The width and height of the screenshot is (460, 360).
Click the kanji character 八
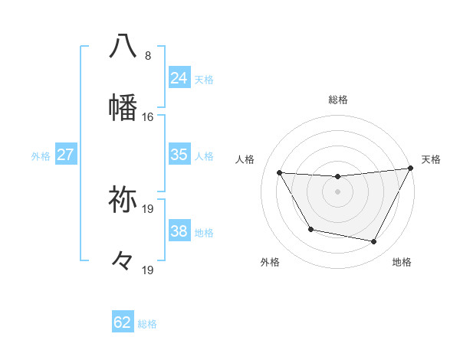click(x=123, y=46)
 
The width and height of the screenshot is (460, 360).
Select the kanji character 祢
click(x=123, y=200)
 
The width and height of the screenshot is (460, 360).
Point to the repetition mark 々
click(x=123, y=260)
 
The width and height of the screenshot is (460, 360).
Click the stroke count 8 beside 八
click(x=148, y=56)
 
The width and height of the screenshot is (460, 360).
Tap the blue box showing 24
click(x=179, y=78)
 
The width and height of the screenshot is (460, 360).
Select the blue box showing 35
click(x=179, y=155)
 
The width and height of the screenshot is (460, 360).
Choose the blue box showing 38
click(x=179, y=231)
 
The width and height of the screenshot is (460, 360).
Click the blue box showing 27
click(x=66, y=155)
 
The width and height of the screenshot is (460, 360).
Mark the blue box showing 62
click(x=123, y=322)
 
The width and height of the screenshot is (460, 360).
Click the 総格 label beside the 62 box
click(x=148, y=324)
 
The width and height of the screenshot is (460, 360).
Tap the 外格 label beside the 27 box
click(x=41, y=156)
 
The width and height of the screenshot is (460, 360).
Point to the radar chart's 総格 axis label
click(x=338, y=100)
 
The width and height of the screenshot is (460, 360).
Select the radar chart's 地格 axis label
click(x=402, y=263)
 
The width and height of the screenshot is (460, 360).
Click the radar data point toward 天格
click(x=411, y=168)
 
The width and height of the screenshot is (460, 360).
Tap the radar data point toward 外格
click(x=310, y=229)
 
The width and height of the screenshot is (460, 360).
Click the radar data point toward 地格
click(x=374, y=242)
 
